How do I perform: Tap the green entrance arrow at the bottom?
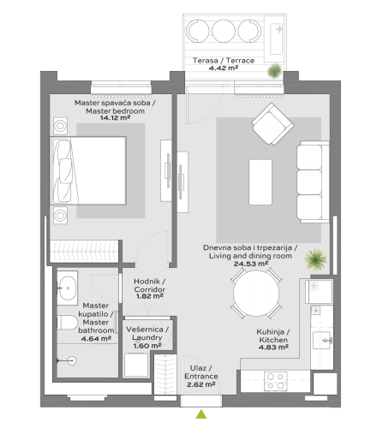(x=201, y=414)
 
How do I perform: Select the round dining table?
(x=257, y=295)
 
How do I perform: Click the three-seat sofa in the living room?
(x=308, y=181)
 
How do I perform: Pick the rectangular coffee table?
(x=260, y=181)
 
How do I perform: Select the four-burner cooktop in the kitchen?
(x=276, y=377)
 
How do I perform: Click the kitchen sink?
(x=323, y=341)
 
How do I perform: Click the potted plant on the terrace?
(x=274, y=72)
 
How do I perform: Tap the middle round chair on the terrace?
(x=223, y=33)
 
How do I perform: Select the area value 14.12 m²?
(x=110, y=119)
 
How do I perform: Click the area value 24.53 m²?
(x=246, y=264)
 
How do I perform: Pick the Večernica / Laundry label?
(x=147, y=334)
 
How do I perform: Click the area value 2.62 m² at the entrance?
(x=200, y=384)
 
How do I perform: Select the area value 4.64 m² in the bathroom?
(x=96, y=338)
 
